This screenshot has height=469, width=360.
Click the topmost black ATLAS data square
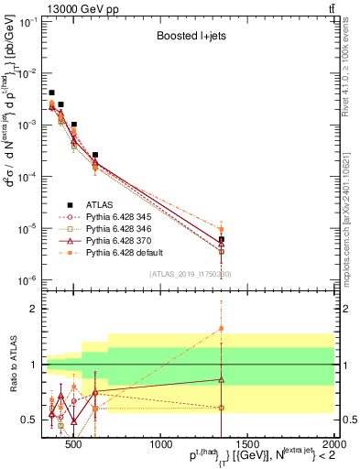(52, 93)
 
